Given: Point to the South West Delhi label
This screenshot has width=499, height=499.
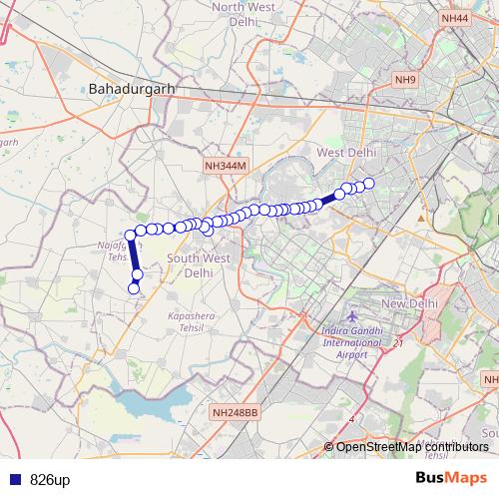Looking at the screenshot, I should [191, 264].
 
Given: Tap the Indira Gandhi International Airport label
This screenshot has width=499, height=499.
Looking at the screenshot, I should [351, 342].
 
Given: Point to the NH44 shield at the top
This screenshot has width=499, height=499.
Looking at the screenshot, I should [454, 18].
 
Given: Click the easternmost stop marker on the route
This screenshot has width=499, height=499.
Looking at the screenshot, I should [368, 183].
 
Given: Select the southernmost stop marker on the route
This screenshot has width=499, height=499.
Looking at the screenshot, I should [134, 288].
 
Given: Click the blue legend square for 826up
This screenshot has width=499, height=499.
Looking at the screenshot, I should [13, 480].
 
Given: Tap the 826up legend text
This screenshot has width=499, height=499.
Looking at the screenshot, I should [50, 480].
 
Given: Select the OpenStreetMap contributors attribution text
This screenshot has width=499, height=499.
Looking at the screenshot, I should [411, 446].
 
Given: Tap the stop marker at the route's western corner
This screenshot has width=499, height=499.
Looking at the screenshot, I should [130, 235].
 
